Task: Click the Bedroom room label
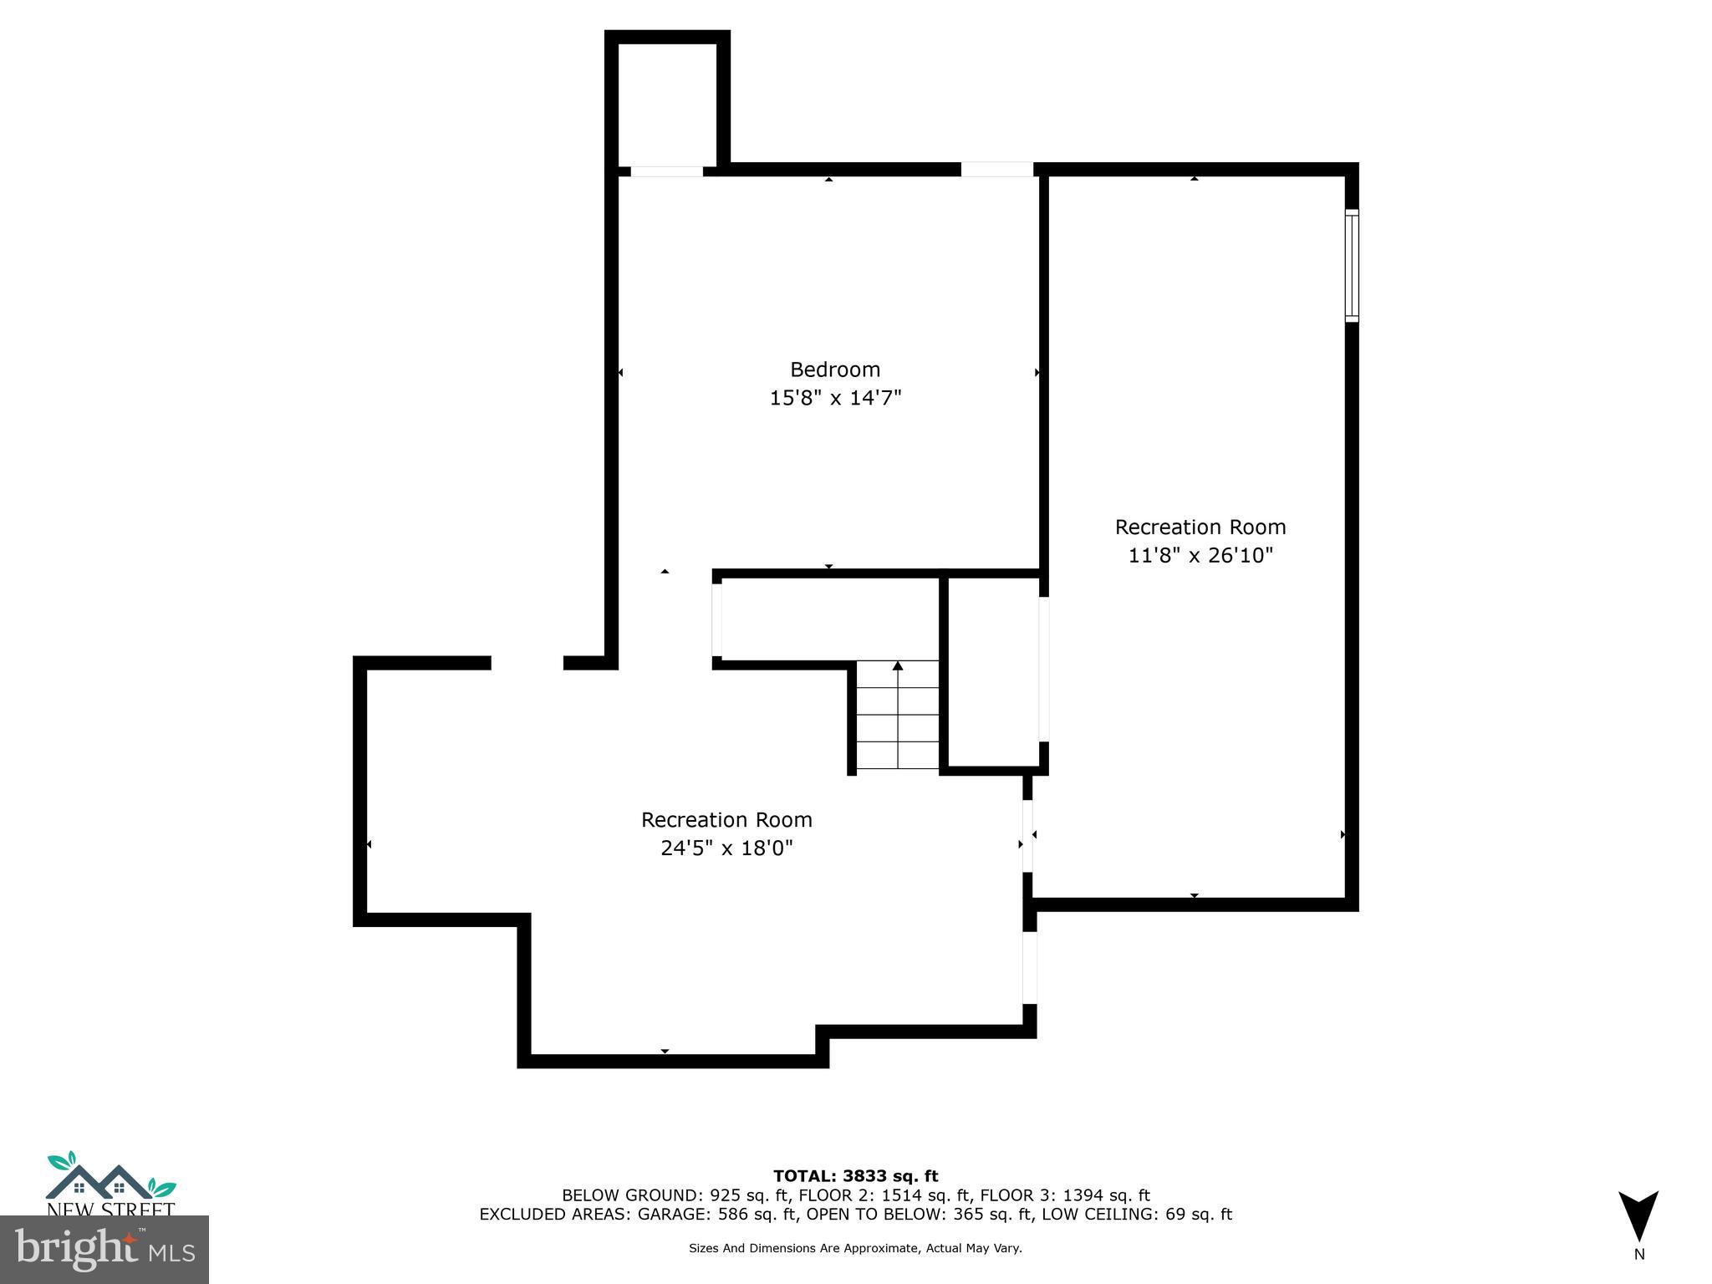pos(834,369)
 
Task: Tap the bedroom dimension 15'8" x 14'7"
pos(834,398)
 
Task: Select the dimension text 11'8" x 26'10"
pos(1200,555)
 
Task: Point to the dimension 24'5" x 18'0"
pos(726,848)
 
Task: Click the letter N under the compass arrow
pos(1638,1254)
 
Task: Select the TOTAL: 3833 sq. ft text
pos(855,1177)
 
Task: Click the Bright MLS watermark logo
pos(104,1250)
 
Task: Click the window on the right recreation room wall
pos(1351,266)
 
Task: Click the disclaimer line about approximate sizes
pos(855,1248)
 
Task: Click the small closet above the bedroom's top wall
pos(667,104)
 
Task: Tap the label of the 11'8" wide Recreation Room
pos(1200,527)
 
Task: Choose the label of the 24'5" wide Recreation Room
pos(726,820)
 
